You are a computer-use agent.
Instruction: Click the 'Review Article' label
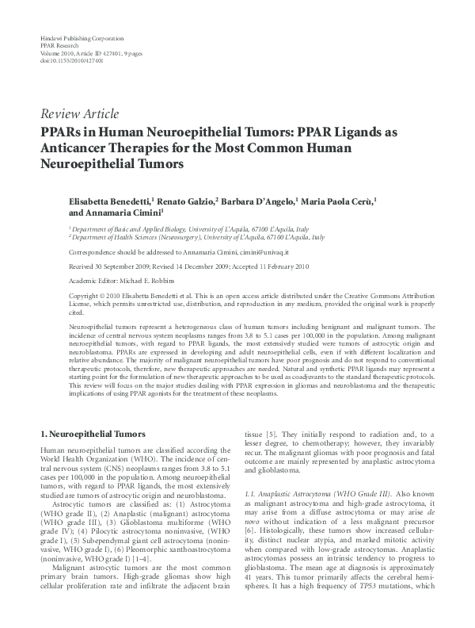79,113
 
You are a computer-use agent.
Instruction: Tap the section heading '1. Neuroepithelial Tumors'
93,435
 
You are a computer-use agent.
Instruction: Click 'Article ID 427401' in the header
85,53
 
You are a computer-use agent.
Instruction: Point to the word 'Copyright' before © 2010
85,295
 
